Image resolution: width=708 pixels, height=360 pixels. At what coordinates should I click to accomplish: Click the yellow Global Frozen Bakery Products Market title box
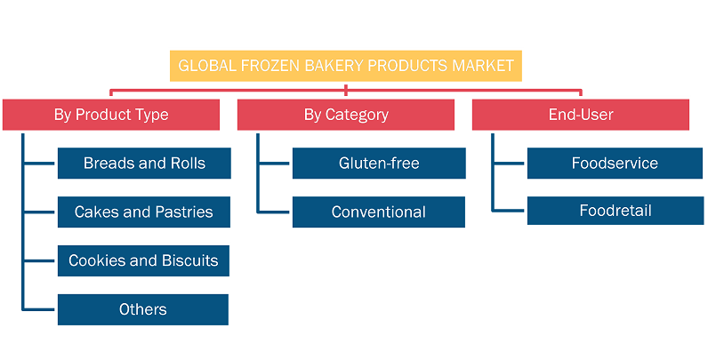click(x=345, y=66)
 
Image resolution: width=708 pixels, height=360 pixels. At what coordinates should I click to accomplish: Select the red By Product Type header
click(x=111, y=115)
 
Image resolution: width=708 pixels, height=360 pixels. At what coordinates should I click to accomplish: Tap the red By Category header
click(x=346, y=115)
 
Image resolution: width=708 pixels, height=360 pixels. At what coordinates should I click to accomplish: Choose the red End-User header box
click(x=581, y=115)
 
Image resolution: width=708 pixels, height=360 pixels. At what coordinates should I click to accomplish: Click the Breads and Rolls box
click(x=144, y=164)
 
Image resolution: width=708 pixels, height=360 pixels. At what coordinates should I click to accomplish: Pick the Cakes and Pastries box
click(x=144, y=212)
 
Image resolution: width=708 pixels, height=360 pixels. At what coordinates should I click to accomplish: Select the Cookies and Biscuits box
click(x=143, y=260)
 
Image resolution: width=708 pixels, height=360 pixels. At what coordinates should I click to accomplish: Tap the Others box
click(x=143, y=309)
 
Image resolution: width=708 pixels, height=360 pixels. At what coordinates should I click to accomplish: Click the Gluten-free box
click(x=379, y=164)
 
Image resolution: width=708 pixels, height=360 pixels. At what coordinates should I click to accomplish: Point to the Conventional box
click(x=379, y=212)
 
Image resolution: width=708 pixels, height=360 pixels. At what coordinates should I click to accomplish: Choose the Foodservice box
click(x=615, y=164)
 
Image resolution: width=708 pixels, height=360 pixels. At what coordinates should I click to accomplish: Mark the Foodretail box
click(x=615, y=211)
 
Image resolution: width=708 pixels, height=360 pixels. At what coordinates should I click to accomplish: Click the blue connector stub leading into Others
click(x=39, y=309)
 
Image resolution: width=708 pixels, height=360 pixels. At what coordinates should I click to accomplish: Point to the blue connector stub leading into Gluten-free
click(x=274, y=164)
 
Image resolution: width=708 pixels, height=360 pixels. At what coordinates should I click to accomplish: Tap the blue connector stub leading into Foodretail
click(x=509, y=211)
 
